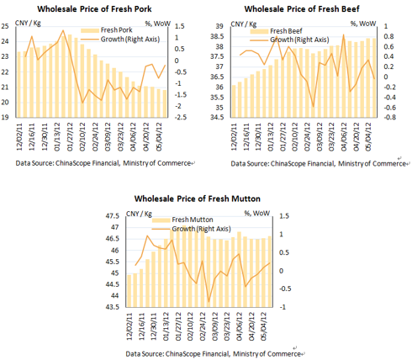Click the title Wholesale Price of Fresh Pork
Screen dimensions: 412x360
coord(94,9)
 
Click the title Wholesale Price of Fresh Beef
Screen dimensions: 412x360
coord(302,9)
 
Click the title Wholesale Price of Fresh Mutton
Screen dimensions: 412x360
coord(198,199)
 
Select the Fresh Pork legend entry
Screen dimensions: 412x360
coord(107,30)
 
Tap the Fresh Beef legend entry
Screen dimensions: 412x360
coord(276,31)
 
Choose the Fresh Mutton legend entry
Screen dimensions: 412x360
coord(182,220)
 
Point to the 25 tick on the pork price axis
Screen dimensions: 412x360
coord(5,26)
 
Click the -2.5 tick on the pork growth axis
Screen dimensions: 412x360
coord(180,117)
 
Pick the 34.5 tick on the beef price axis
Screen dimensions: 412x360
coord(217,117)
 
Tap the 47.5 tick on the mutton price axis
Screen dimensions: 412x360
coord(113,216)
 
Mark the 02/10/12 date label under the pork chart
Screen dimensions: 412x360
coord(82,136)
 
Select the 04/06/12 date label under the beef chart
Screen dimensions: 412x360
coord(344,136)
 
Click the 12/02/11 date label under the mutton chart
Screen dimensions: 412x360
coord(129,326)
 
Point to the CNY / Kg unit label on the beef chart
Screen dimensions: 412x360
coord(243,24)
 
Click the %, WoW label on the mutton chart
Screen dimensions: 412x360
coord(256,214)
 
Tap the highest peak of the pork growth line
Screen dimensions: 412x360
coord(63,30)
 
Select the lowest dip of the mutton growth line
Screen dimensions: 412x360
coord(209,302)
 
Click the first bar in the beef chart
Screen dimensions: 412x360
coord(234,101)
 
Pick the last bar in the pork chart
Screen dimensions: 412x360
coord(165,103)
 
